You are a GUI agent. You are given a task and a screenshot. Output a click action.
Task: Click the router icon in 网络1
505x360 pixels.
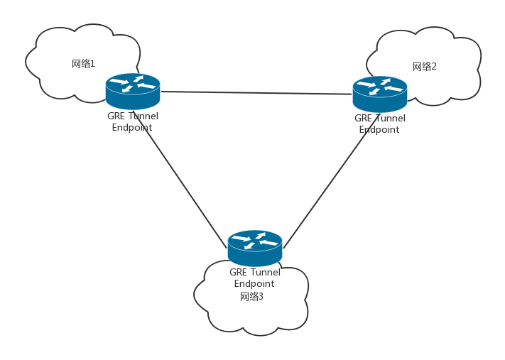[x=133, y=91]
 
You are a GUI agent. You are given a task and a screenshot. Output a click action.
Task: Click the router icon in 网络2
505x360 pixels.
[x=380, y=94]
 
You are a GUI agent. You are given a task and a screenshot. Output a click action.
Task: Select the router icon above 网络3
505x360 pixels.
[x=255, y=248]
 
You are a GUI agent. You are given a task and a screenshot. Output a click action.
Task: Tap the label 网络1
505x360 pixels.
[x=83, y=64]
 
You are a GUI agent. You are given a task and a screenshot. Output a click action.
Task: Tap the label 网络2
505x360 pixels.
[x=424, y=67]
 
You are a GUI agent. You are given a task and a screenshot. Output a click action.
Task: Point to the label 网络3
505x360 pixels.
[x=251, y=297]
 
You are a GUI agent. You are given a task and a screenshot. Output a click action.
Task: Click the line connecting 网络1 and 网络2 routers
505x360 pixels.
[x=256, y=92]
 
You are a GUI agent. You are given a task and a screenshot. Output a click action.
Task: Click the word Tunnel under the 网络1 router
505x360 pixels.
[x=143, y=116]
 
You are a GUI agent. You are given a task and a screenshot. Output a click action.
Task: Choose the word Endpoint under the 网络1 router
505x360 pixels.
[x=132, y=128]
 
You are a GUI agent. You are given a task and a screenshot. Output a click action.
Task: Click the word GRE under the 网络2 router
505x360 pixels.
[x=363, y=119]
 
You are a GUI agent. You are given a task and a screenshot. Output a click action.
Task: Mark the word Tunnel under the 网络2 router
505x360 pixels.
[x=390, y=119]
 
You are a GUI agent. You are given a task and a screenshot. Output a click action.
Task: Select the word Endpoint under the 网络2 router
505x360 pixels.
[x=379, y=130]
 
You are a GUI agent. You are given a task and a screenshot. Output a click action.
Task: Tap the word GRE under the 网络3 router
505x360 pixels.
[x=238, y=272]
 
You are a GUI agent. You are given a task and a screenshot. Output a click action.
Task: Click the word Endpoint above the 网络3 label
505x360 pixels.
[x=254, y=284]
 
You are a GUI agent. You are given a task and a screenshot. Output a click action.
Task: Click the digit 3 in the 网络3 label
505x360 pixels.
[x=261, y=297]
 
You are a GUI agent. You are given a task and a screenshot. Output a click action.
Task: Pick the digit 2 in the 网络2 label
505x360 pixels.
[x=434, y=67]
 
